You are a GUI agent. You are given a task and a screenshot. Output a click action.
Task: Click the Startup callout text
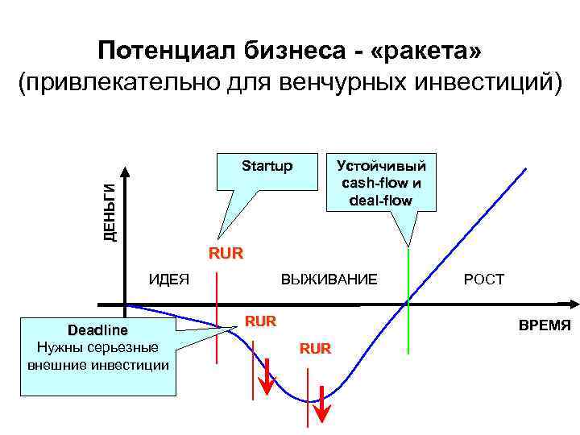point(267,166)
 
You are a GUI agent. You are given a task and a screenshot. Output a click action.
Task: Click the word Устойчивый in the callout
point(381,166)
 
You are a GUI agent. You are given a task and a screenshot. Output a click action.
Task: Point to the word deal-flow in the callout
point(381,200)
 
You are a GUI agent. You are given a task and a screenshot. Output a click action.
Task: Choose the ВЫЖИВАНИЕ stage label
point(329,280)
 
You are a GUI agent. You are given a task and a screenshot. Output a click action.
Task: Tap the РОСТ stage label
point(483,280)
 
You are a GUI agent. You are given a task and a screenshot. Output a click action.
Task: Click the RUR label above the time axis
point(226,255)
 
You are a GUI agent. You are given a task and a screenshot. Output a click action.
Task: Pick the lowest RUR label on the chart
point(315,348)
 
